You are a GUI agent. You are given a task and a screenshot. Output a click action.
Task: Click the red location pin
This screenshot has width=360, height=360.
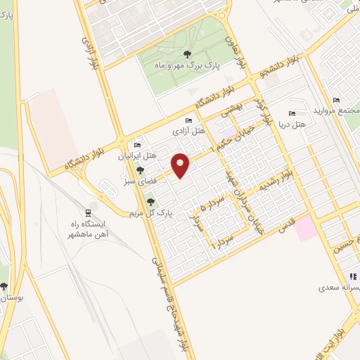coord(181,165)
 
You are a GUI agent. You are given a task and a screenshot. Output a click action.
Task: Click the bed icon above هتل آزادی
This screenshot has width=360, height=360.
coord(189,120)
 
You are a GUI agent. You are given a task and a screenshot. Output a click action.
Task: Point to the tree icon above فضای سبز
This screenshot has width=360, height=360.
coord(141,169)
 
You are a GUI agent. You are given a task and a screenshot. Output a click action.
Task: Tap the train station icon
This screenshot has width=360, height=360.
coord(87,212)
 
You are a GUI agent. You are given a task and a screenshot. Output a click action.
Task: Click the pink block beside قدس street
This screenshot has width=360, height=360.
coord(304,229)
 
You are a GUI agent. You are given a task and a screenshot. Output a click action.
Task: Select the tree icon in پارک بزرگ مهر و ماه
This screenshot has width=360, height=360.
coord(187,53)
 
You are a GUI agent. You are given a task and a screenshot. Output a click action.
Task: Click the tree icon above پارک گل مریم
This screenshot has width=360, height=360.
coord(150,202)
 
